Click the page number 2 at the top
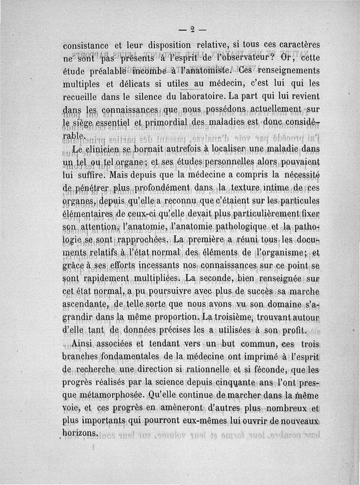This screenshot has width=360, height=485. tap(192, 30)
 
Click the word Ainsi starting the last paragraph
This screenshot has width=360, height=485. tap(85, 344)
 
